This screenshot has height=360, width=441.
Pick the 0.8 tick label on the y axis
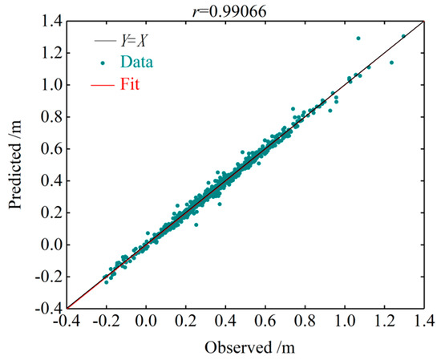point(48,115)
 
